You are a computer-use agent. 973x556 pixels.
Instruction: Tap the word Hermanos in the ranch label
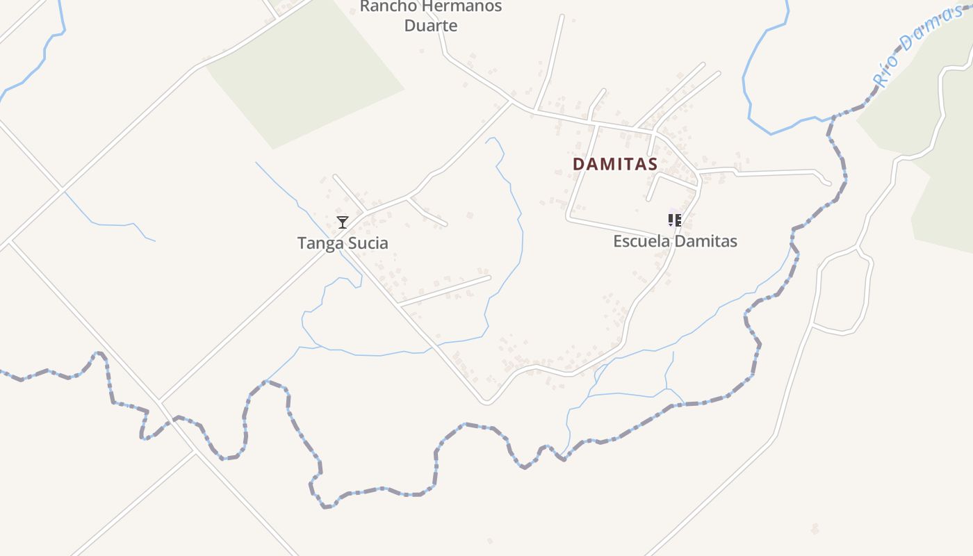[463, 7]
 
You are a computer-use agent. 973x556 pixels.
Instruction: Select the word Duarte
[431, 26]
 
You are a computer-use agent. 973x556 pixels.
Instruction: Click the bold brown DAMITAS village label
[615, 164]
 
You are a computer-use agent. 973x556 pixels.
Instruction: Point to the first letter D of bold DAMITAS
[578, 164]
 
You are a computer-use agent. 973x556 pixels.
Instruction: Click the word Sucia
[366, 243]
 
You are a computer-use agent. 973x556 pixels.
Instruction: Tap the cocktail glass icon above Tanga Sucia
[342, 222]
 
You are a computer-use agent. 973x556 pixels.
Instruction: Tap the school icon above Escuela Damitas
[674, 220]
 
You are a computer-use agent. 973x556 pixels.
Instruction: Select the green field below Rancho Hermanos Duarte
[306, 76]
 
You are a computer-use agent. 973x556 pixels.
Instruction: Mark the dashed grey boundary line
[375, 492]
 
